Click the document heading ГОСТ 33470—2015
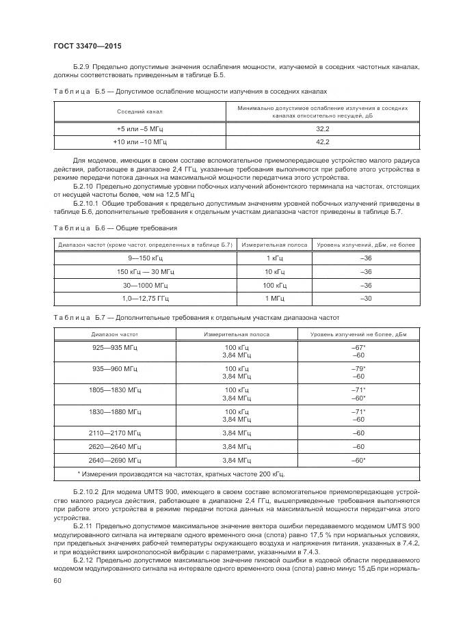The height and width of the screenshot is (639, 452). (x=88, y=46)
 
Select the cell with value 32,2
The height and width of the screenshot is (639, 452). (x=323, y=128)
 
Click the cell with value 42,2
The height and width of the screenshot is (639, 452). (x=323, y=142)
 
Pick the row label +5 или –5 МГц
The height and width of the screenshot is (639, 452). (x=139, y=128)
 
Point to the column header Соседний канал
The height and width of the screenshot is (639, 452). (x=139, y=111)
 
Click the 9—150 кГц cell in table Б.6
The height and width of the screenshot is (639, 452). (x=145, y=258)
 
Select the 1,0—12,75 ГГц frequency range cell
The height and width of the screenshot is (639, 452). (x=145, y=299)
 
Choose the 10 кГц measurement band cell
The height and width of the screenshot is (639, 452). (x=274, y=271)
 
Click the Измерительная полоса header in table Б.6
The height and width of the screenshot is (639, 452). (x=274, y=244)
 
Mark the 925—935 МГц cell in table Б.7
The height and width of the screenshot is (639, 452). (x=115, y=348)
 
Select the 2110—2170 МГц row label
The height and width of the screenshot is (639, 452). (x=115, y=433)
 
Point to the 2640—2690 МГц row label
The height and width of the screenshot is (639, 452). (x=115, y=461)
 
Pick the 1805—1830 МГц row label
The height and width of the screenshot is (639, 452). (x=115, y=390)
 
